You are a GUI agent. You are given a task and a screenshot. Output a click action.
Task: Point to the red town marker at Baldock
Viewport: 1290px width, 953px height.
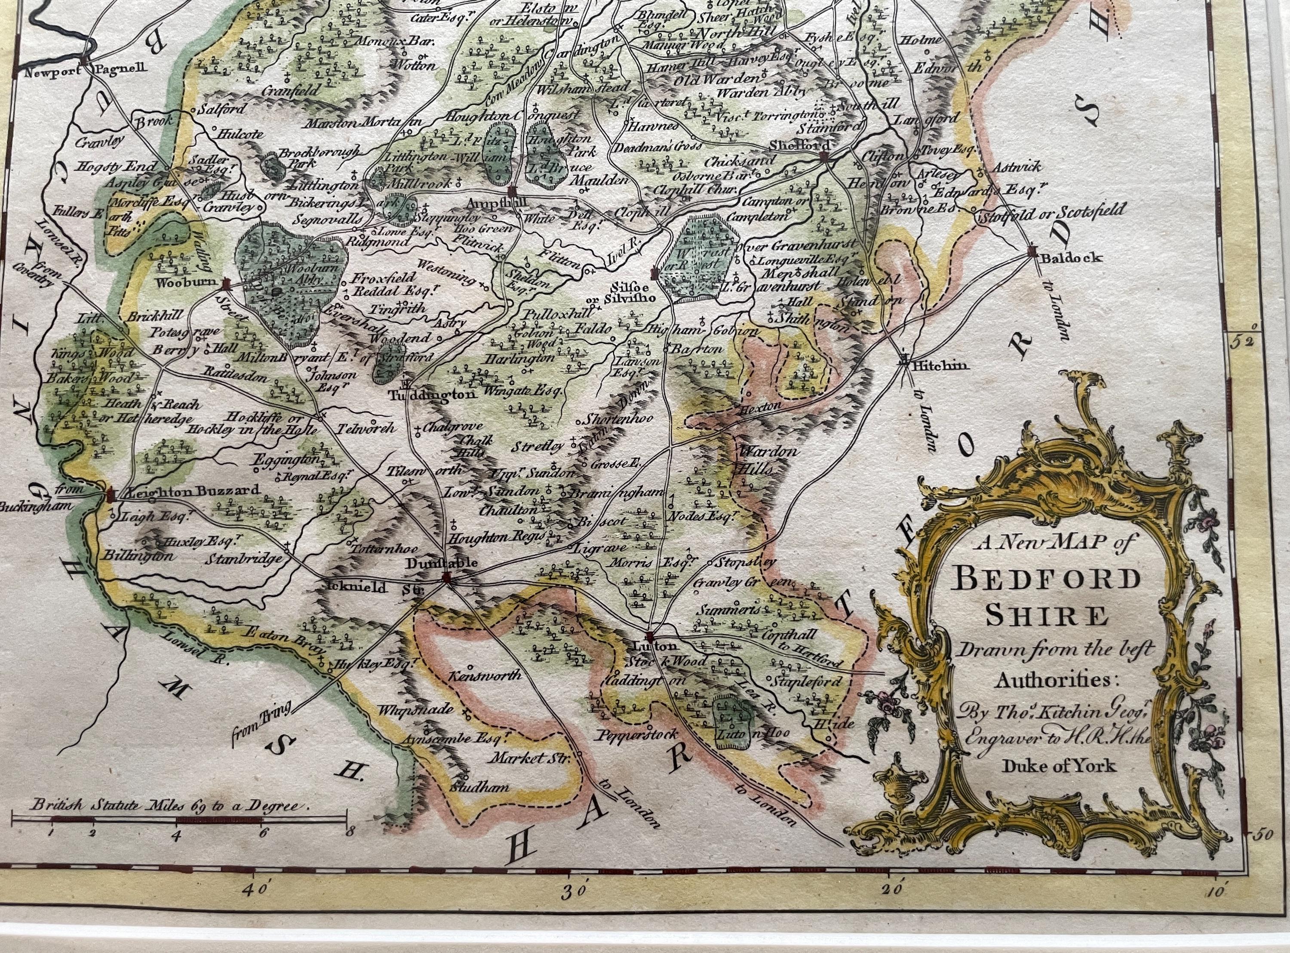(x=1032, y=252)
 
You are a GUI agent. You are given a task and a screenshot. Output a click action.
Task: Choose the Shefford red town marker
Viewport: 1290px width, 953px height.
(x=824, y=156)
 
